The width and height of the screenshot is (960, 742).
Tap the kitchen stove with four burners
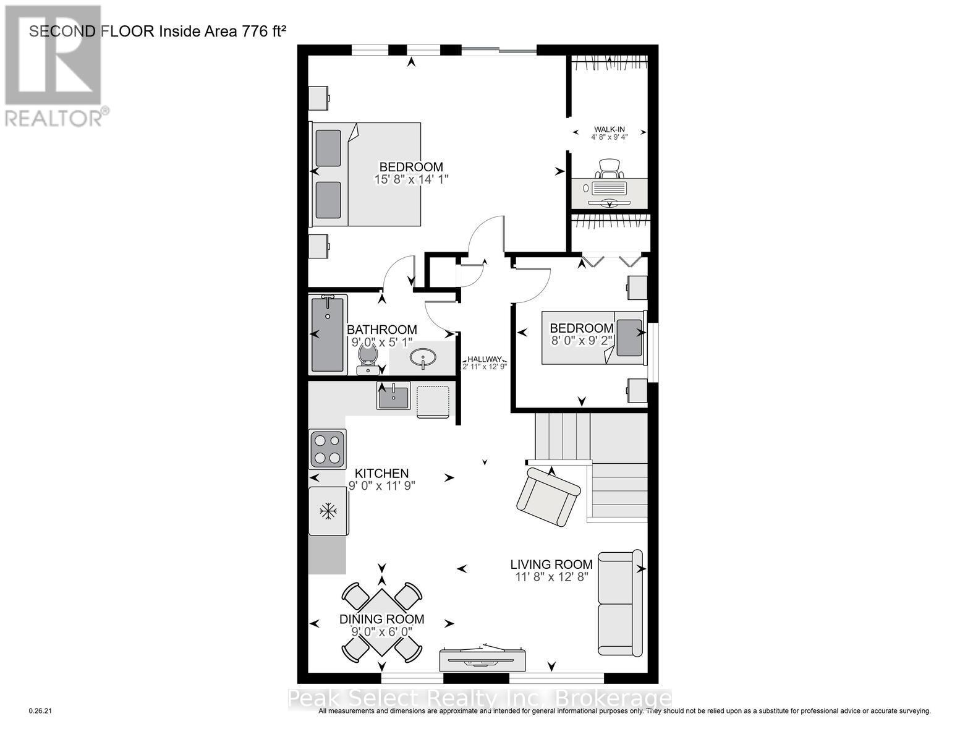click(x=327, y=449)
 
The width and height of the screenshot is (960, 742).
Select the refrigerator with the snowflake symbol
click(x=328, y=511)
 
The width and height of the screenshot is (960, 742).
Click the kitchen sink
click(x=393, y=396)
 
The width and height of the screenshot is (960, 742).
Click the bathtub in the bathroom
click(x=328, y=334)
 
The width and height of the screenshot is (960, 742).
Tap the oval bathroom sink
click(x=422, y=357)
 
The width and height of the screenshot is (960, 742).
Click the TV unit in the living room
click(x=483, y=659)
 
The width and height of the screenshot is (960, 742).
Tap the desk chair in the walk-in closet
click(x=609, y=167)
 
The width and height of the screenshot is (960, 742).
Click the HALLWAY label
click(x=485, y=359)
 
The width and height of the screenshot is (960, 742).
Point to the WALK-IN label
click(x=609, y=129)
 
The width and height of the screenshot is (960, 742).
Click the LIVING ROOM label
click(x=551, y=564)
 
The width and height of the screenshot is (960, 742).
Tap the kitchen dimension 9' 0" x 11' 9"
click(x=381, y=486)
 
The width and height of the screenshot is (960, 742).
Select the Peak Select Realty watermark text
click(x=480, y=699)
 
